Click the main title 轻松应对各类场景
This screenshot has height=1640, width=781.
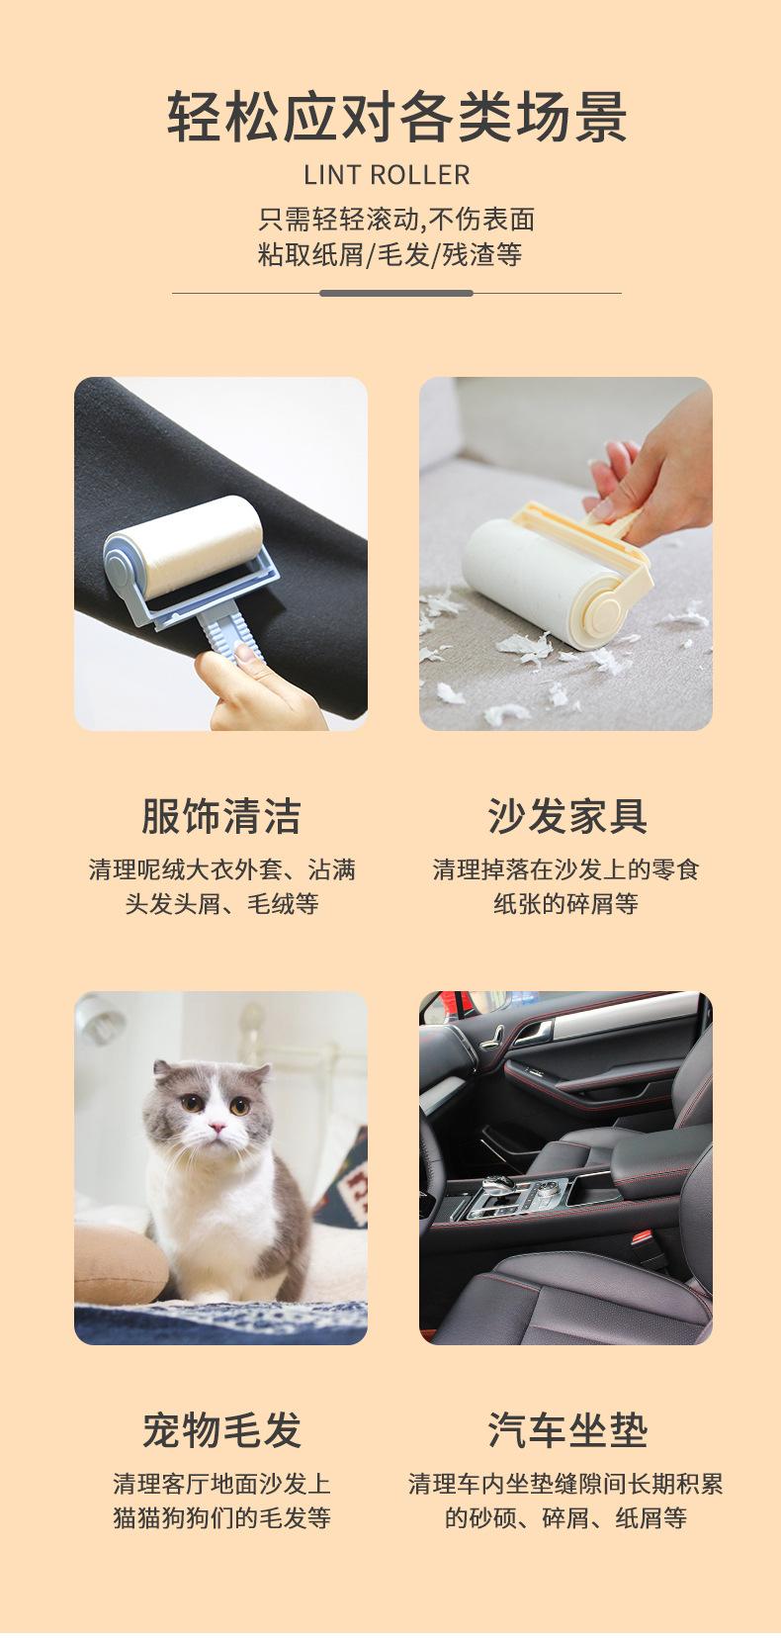[x=396, y=117]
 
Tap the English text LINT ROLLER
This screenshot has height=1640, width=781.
[x=387, y=176]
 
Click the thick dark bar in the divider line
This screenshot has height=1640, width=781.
[x=395, y=293]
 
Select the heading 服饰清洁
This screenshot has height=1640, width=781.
[x=220, y=817]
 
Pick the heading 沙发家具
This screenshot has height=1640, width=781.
[x=566, y=817]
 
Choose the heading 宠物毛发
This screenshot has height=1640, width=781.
[x=220, y=1430]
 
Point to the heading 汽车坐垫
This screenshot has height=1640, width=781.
[x=566, y=1430]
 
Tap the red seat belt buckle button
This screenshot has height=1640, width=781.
[x=642, y=1237]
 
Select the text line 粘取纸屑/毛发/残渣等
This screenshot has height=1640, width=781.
[x=390, y=255]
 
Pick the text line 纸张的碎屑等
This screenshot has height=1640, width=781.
[x=565, y=904]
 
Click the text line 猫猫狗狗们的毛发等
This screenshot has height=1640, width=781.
[x=220, y=1517]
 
